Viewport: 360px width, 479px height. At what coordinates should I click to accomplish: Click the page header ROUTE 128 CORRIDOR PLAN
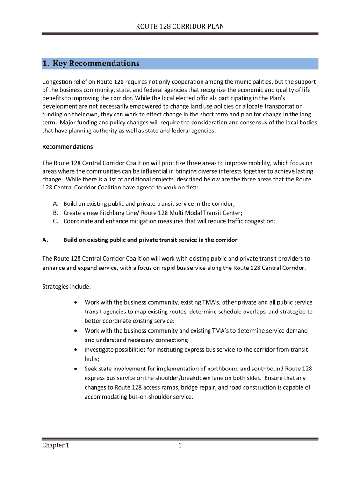pos(180,26)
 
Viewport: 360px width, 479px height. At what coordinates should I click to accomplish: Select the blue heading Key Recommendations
pos(96,64)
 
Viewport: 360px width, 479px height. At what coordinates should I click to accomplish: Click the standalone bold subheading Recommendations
pos(67,147)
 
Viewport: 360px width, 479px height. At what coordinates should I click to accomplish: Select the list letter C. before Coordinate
pos(55,221)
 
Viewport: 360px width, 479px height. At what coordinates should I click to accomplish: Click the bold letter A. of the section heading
pos(45,240)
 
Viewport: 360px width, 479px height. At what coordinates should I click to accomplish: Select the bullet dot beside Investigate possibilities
pos(76,350)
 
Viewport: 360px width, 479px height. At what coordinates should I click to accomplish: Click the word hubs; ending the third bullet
pos(92,359)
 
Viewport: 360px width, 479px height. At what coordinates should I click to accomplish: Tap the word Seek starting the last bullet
pos(91,369)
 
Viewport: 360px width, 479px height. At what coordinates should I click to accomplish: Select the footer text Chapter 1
pos(56,445)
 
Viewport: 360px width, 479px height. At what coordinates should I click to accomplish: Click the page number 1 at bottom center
pos(180,445)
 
